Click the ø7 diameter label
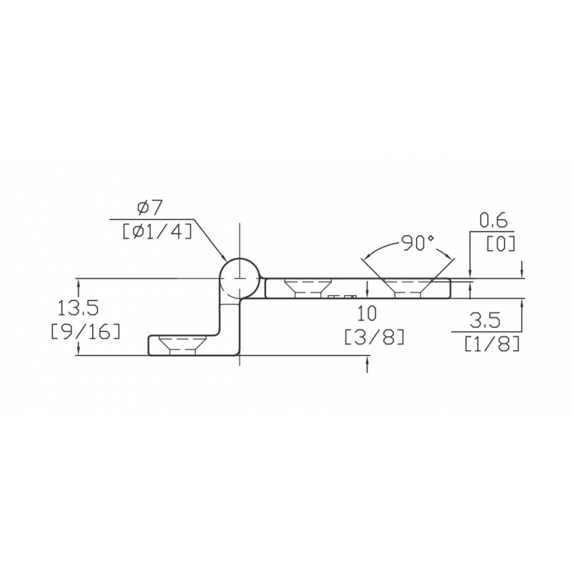(150, 208)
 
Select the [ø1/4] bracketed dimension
(157, 230)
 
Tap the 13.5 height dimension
(79, 308)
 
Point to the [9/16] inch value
(85, 331)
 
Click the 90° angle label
(418, 243)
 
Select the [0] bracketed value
(500, 243)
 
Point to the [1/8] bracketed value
(491, 344)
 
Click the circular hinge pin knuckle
(240, 280)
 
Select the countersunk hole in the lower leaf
(183, 344)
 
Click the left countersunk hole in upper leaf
(307, 287)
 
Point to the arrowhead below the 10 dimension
(367, 365)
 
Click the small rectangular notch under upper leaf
(342, 296)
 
